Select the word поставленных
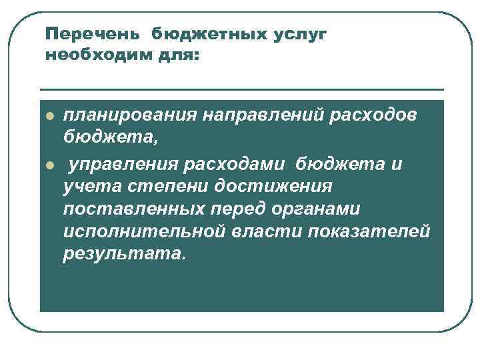[x=130, y=209]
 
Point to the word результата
[x=121, y=255]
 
